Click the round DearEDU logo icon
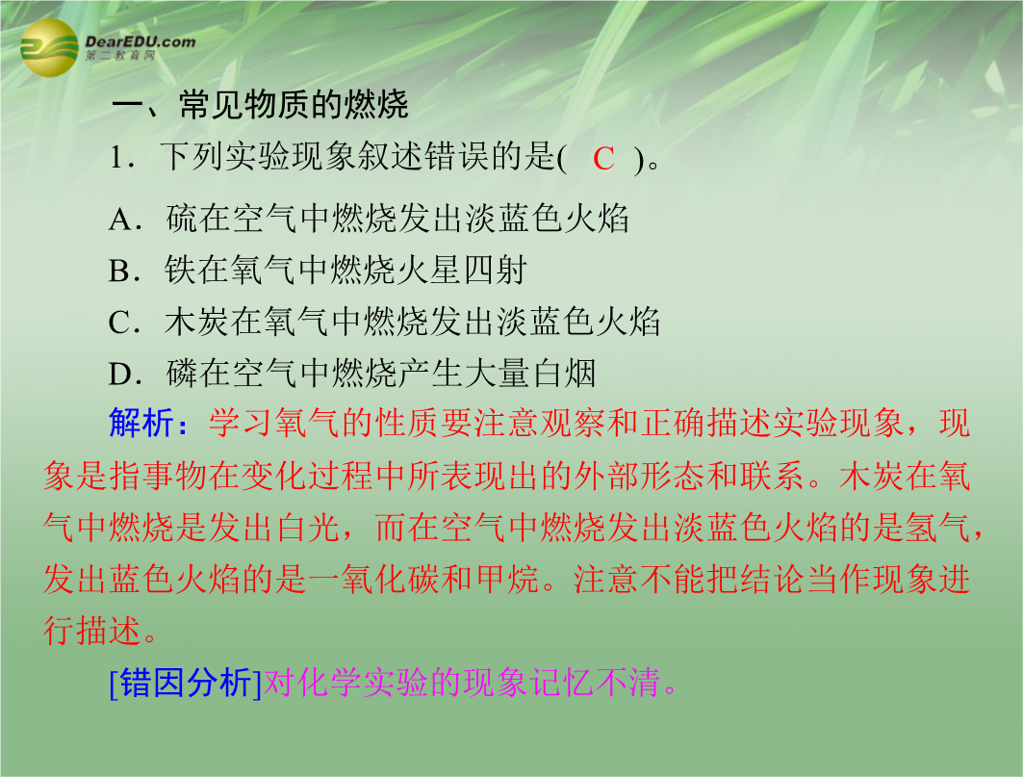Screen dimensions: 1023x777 (x=49, y=47)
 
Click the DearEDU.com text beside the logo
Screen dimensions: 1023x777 (x=140, y=41)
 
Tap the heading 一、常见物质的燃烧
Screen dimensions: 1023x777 (x=260, y=105)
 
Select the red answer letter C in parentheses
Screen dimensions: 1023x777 (x=603, y=159)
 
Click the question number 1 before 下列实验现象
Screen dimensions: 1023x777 (x=118, y=158)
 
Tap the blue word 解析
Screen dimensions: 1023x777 (x=141, y=423)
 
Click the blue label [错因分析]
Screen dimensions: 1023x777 (x=186, y=684)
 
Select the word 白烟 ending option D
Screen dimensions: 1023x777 (x=564, y=374)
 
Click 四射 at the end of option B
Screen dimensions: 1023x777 (x=495, y=271)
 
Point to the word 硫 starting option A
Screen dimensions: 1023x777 (x=181, y=219)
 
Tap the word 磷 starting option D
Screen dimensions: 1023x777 (x=182, y=374)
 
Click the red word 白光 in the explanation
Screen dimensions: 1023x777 (x=307, y=527)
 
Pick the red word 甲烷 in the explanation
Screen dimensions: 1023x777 (x=507, y=580)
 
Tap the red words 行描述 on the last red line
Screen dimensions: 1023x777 (x=92, y=631)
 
